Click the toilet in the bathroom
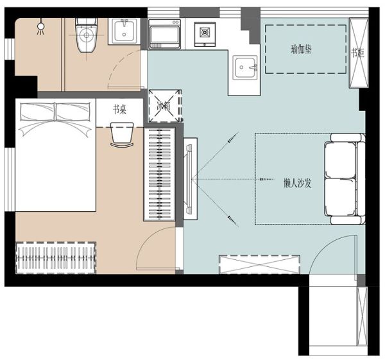[86, 35]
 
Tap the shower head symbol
[41, 26]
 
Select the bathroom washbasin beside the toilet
[124, 31]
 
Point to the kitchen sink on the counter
[245, 67]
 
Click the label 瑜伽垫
[302, 49]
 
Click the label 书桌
[119, 109]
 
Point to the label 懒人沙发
[297, 183]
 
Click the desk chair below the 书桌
[122, 135]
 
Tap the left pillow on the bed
[37, 112]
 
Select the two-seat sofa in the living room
[345, 179]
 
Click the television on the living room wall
[189, 179]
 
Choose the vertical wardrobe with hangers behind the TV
[159, 175]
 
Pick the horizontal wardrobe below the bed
[56, 257]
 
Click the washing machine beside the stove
[164, 35]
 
